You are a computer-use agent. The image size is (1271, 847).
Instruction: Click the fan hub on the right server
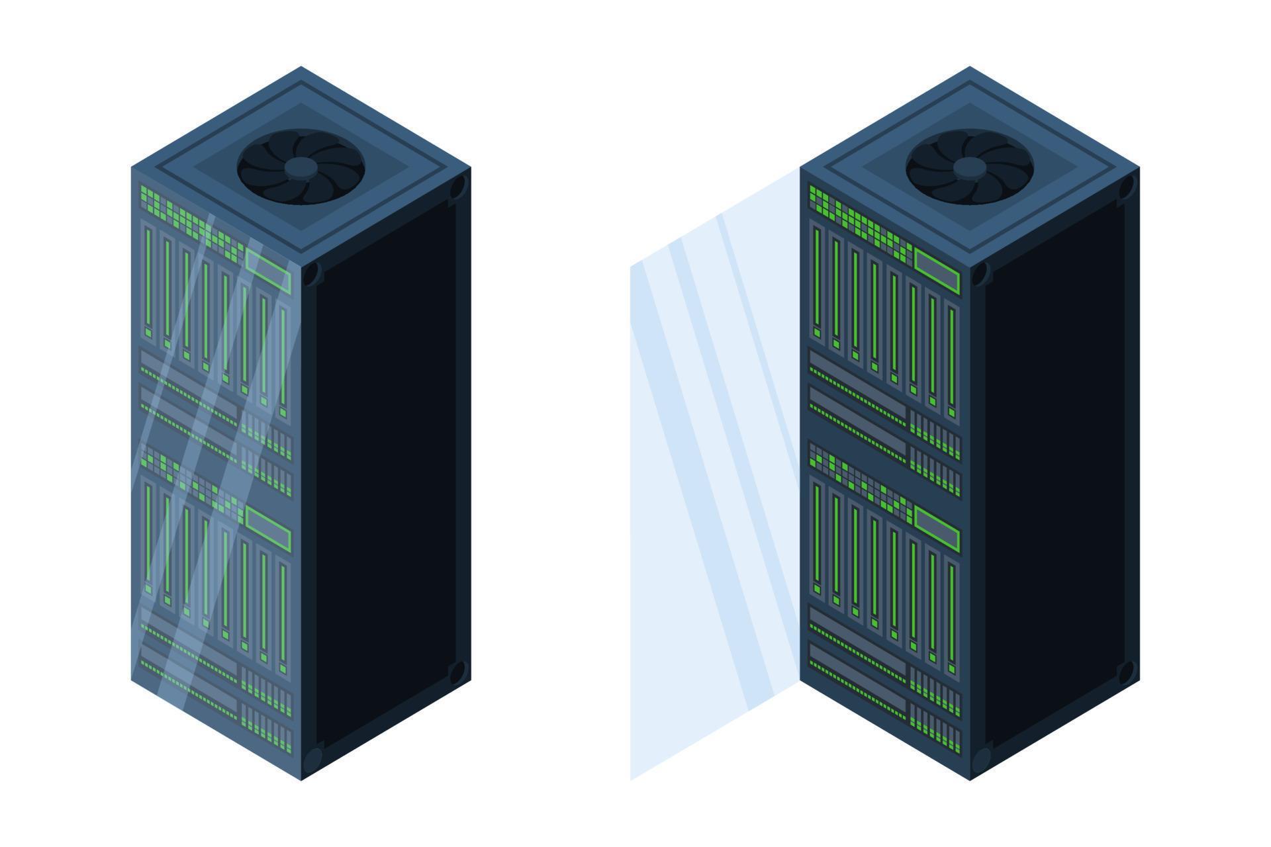click(x=968, y=167)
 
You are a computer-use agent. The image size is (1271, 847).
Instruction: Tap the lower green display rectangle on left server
click(x=268, y=529)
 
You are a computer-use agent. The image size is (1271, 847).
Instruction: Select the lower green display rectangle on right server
click(x=937, y=529)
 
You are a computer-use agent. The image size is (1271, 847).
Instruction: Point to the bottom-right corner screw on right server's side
click(x=1125, y=673)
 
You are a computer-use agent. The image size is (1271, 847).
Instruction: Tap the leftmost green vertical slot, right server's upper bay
click(x=818, y=278)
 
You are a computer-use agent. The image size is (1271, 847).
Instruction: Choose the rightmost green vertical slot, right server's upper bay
click(x=952, y=357)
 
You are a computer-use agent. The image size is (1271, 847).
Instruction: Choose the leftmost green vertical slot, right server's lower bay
click(x=818, y=536)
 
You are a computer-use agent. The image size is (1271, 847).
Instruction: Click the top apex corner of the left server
click(x=301, y=67)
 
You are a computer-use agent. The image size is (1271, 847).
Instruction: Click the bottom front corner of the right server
click(x=970, y=779)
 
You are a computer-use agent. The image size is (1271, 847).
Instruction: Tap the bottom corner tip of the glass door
click(x=632, y=778)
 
